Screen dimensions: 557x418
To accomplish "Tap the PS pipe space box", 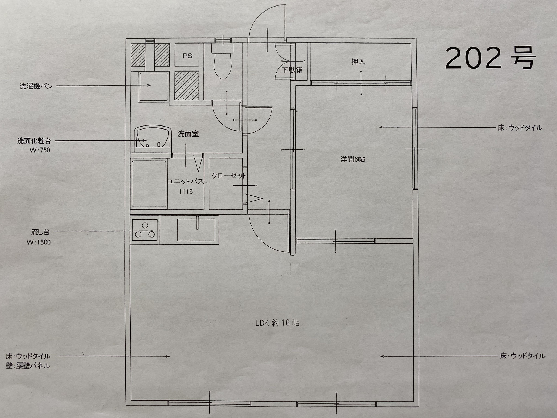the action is (x=187, y=55).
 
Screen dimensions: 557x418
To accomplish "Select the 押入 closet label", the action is (x=358, y=62).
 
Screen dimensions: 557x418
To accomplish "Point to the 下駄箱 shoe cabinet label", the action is (x=292, y=70).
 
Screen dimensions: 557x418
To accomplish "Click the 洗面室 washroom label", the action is (x=188, y=134).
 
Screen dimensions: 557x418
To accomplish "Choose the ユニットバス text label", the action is (x=185, y=182).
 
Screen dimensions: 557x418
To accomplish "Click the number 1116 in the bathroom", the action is (x=186, y=192).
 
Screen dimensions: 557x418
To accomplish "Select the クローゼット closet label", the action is (x=229, y=176).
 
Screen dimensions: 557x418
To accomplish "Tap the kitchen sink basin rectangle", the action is (x=198, y=230).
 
